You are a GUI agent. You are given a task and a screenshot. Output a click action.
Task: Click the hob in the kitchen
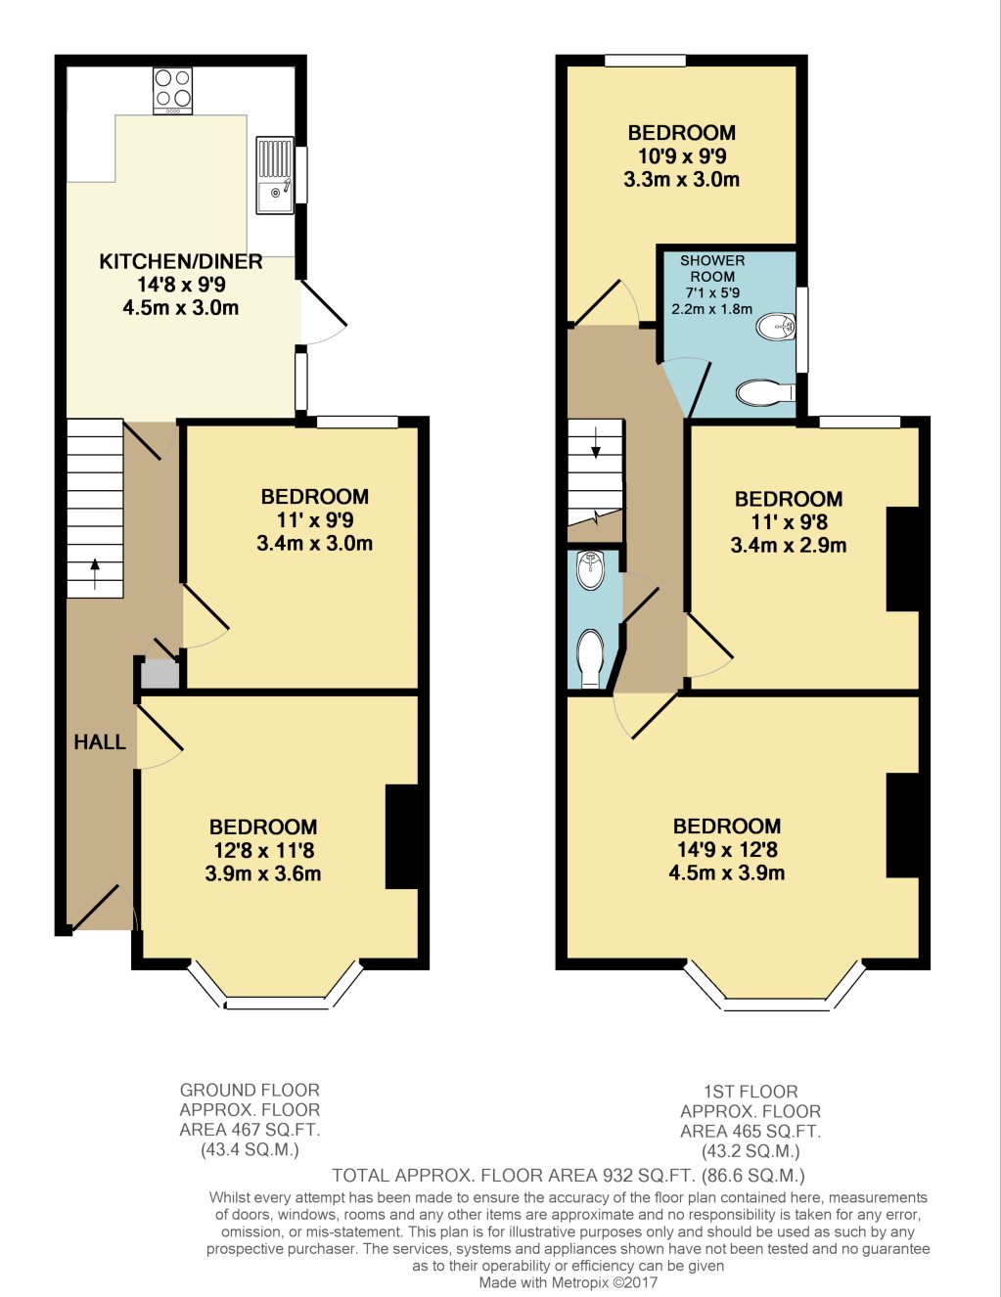pyautogui.click(x=172, y=90)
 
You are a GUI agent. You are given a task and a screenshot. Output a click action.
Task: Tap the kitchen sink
pyautogui.click(x=275, y=175)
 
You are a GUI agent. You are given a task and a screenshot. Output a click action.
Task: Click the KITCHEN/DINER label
pyautogui.click(x=181, y=261)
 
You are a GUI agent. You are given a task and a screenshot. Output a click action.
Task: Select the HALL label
pyautogui.click(x=100, y=742)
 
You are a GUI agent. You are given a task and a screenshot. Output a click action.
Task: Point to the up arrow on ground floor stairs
pyautogui.click(x=95, y=573)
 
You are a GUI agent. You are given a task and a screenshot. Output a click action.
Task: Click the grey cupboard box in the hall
pyautogui.click(x=159, y=675)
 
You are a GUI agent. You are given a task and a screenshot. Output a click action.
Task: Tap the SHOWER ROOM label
pyautogui.click(x=712, y=268)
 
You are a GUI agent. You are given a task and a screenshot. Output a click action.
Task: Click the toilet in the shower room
pyautogui.click(x=765, y=393)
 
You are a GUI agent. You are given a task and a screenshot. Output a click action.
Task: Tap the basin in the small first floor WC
pyautogui.click(x=590, y=571)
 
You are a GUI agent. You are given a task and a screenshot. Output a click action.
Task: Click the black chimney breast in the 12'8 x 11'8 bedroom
pyautogui.click(x=402, y=836)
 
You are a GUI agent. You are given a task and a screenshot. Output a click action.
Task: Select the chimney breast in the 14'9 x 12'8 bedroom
pyautogui.click(x=903, y=825)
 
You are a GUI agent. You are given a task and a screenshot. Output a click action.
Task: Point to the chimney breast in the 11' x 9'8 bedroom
pyautogui.click(x=903, y=559)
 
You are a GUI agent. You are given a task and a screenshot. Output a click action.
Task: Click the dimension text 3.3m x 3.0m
pyautogui.click(x=681, y=180)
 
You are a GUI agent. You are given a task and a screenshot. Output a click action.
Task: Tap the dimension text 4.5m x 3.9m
pyautogui.click(x=726, y=873)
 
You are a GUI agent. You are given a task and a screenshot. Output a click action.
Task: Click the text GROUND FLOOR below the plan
pyautogui.click(x=250, y=1090)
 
